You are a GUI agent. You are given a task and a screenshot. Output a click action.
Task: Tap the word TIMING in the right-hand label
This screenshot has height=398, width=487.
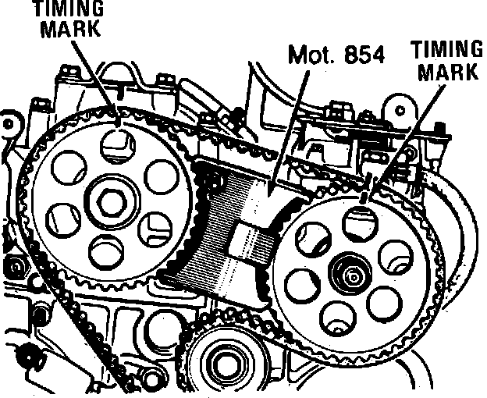tap(446, 49)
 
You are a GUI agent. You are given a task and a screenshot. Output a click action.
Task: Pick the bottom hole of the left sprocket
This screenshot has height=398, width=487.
tap(106, 251)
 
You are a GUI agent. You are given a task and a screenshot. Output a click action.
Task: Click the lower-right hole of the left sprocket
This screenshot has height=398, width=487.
tap(153, 227)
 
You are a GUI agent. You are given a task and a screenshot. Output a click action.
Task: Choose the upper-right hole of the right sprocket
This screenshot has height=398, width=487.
tap(399, 254)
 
